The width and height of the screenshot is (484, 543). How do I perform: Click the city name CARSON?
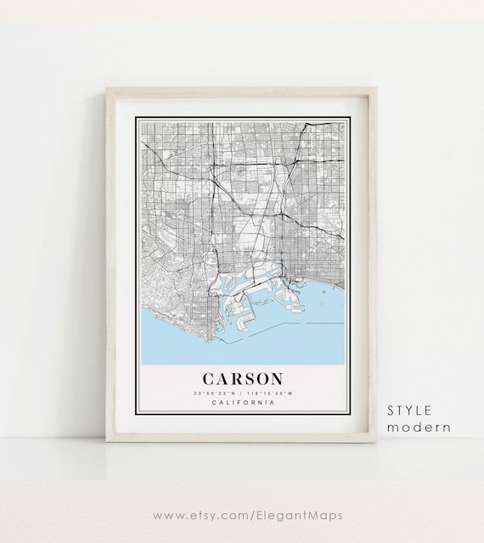[242, 378]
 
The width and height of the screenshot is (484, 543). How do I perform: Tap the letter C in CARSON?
[209, 378]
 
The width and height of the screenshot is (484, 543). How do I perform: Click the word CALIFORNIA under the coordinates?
[242, 402]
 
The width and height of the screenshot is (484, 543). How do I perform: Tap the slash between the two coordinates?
[242, 393]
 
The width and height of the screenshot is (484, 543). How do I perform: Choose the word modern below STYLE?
[419, 427]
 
